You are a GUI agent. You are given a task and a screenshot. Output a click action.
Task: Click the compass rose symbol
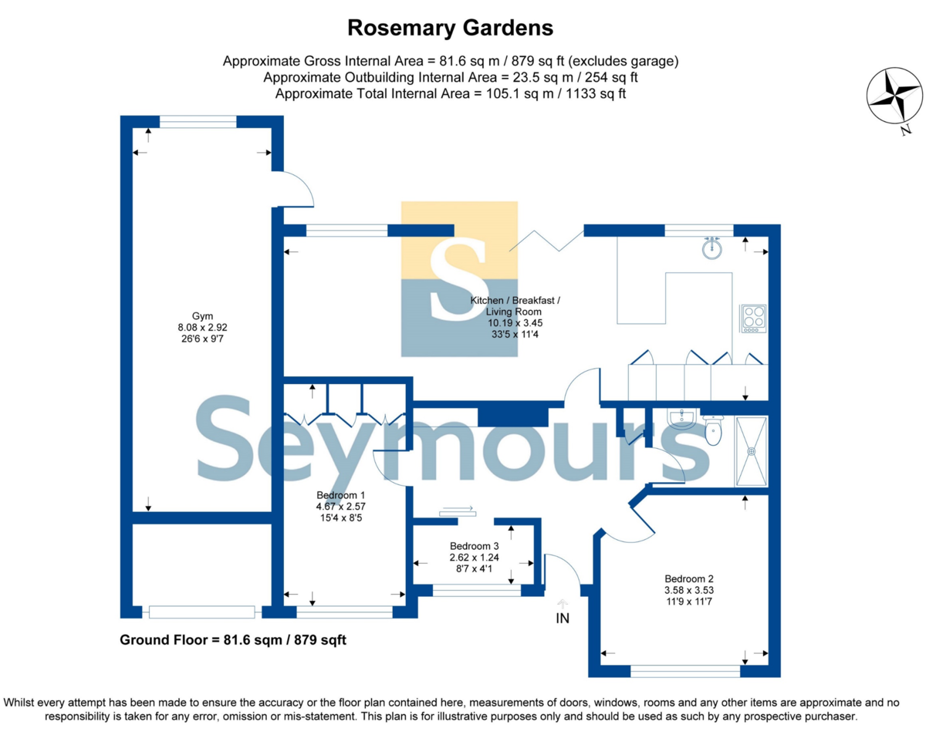tap(894, 96)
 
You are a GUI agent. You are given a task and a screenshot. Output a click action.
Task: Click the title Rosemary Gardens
tap(450, 28)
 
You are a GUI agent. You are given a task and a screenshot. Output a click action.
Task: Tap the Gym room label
tap(202, 316)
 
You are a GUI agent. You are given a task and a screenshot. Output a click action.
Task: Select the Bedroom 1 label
tap(341, 495)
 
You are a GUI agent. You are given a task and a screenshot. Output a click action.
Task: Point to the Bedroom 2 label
tap(689, 579)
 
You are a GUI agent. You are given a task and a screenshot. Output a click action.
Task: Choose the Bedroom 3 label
tap(474, 546)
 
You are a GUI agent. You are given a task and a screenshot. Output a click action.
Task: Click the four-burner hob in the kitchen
tap(753, 319)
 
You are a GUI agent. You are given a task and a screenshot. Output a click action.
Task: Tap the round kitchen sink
tap(712, 248)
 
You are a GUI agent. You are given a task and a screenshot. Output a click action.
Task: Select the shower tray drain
tap(752, 451)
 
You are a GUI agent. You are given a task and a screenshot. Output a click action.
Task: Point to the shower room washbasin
tap(681, 420)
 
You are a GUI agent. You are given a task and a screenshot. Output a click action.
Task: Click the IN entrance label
tap(563, 619)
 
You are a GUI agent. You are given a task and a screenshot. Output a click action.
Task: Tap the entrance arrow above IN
tap(563, 604)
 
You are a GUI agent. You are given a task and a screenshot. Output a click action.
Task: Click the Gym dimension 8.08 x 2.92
tap(202, 327)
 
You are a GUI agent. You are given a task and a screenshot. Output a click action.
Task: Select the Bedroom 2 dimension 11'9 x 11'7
tap(689, 602)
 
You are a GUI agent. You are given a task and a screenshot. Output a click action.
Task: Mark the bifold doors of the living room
tap(546, 241)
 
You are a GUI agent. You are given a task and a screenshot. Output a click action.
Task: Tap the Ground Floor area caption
tap(233, 640)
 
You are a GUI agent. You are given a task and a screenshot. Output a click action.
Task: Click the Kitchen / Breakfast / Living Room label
tap(515, 306)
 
